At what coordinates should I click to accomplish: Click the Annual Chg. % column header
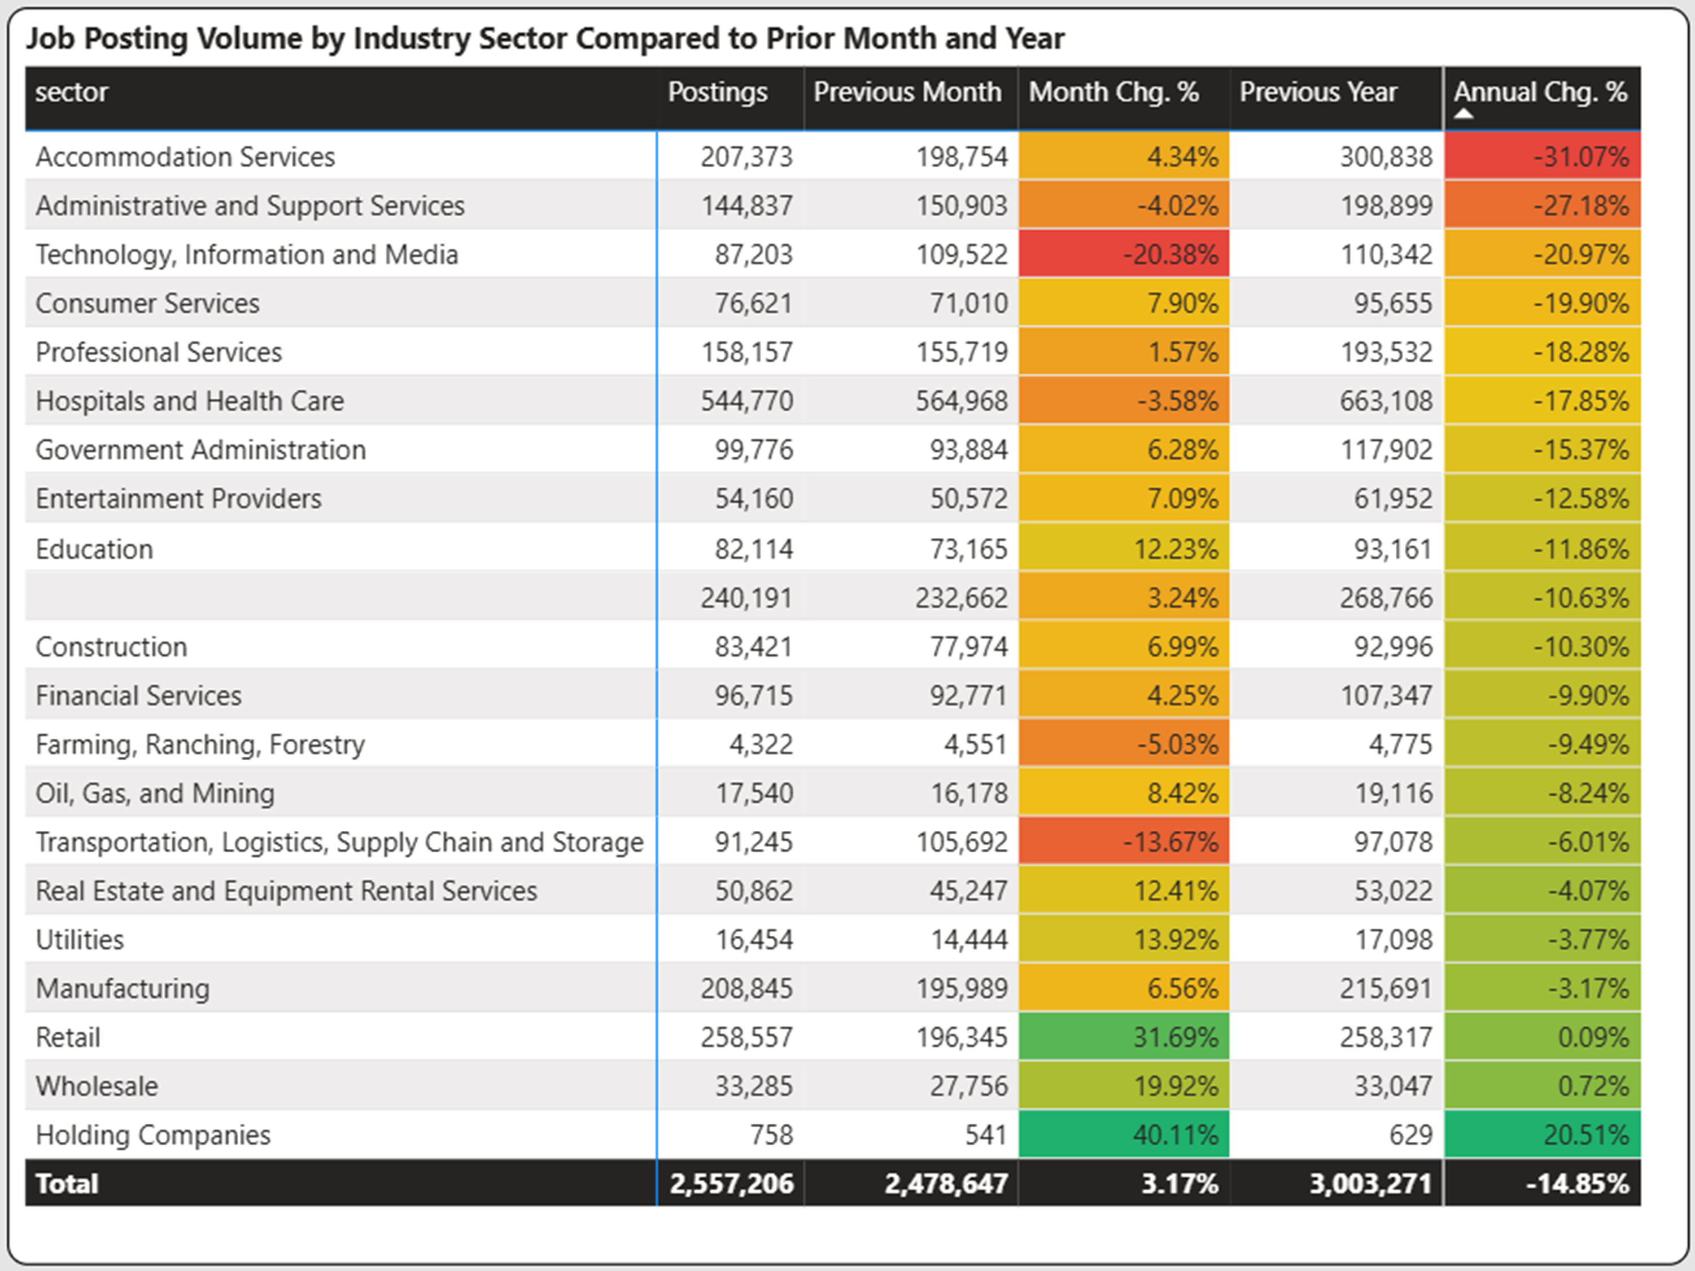[1540, 92]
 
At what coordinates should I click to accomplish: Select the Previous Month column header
[907, 92]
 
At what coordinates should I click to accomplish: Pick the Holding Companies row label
[153, 1134]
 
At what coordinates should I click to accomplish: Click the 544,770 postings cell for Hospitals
[746, 401]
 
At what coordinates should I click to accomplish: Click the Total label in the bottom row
[67, 1184]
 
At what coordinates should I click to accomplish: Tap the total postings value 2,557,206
[731, 1184]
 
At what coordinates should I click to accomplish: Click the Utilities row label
[80, 939]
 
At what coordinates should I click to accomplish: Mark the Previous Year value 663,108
[1386, 401]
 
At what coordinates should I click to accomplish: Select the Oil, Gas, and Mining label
[155, 793]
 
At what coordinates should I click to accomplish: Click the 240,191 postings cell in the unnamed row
[746, 598]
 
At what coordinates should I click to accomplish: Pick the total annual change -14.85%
[1577, 1184]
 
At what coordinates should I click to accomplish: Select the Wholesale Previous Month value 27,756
[968, 1085]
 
